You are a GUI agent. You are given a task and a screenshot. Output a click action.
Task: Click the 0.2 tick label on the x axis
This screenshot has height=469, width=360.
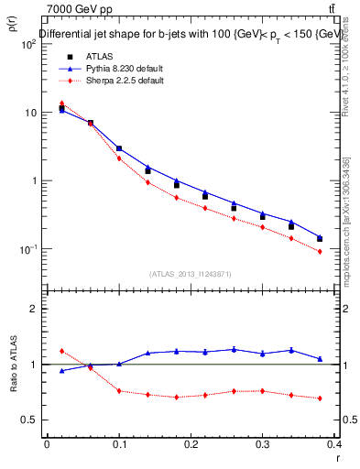191,444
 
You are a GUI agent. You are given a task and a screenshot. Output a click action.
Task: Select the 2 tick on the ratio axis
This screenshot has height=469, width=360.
34,309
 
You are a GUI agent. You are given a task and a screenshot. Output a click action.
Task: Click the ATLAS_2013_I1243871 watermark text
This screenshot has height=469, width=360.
189,274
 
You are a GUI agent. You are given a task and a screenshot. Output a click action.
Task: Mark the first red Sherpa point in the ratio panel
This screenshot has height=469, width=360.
61,351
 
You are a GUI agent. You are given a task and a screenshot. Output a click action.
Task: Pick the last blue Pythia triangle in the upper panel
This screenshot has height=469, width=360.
320,236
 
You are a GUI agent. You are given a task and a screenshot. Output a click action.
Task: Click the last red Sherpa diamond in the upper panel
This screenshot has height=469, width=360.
320,251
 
